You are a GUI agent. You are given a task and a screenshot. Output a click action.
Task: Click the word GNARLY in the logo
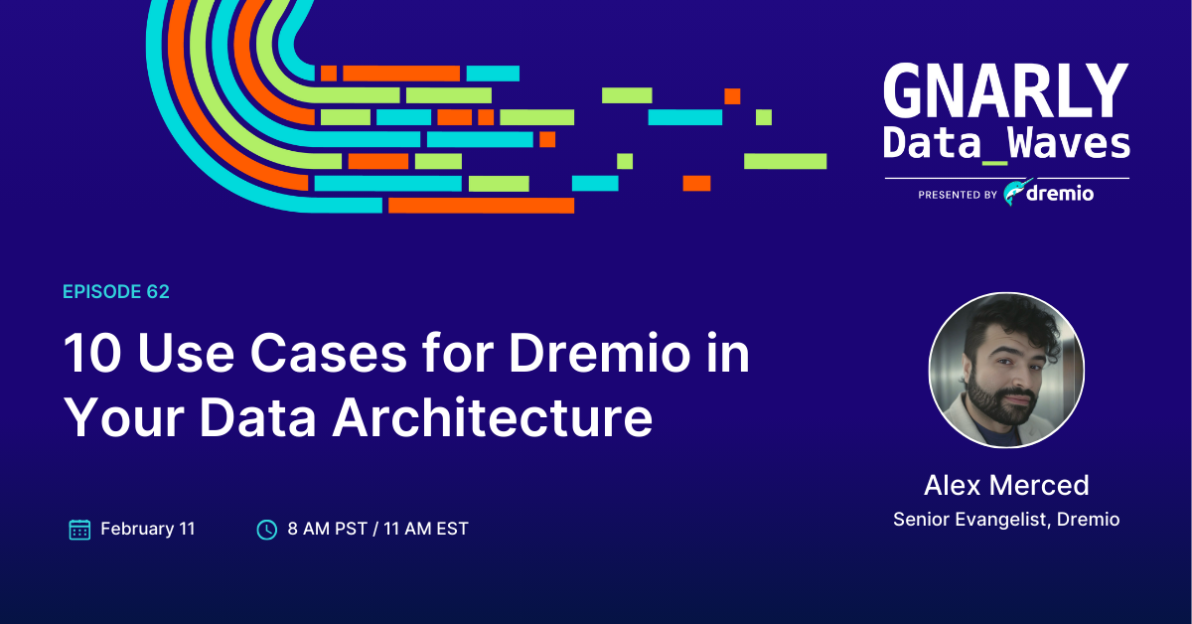tap(1005, 92)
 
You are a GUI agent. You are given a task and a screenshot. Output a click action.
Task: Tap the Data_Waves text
tap(1005, 144)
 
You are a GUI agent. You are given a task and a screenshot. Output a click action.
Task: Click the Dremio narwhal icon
tap(1014, 193)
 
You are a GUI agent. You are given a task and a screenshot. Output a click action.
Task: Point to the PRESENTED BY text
tap(958, 196)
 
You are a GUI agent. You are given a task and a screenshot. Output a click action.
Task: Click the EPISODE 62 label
tap(116, 291)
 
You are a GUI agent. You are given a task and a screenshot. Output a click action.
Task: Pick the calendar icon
tap(79, 529)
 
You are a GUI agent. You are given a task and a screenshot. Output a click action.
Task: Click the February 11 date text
tap(148, 529)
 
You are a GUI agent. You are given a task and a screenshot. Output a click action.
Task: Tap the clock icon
tap(267, 530)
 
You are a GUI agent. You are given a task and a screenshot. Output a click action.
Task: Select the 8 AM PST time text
tap(326, 529)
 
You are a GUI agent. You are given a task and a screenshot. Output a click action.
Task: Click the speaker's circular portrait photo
tap(1005, 370)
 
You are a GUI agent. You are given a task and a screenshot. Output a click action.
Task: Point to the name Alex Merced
tap(1006, 485)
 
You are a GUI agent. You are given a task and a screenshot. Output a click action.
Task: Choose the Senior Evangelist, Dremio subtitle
tap(1006, 519)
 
